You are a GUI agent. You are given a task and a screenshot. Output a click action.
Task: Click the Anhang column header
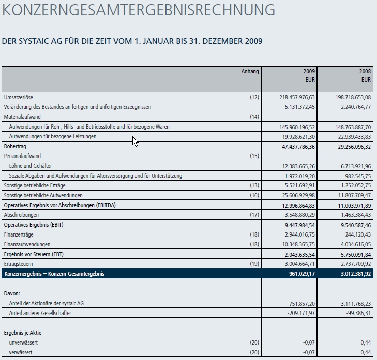pos(250,71)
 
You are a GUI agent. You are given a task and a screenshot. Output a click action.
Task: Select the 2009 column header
pos(309,71)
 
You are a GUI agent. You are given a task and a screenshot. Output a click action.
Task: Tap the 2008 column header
pos(365,71)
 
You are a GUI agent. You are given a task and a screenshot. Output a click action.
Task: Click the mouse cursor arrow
pos(134,140)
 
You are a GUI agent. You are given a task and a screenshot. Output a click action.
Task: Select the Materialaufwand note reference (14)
pos(254,117)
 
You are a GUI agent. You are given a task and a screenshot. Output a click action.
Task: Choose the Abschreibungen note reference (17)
pos(254,215)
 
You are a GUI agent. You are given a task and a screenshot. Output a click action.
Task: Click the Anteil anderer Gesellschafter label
pos(40,313)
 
